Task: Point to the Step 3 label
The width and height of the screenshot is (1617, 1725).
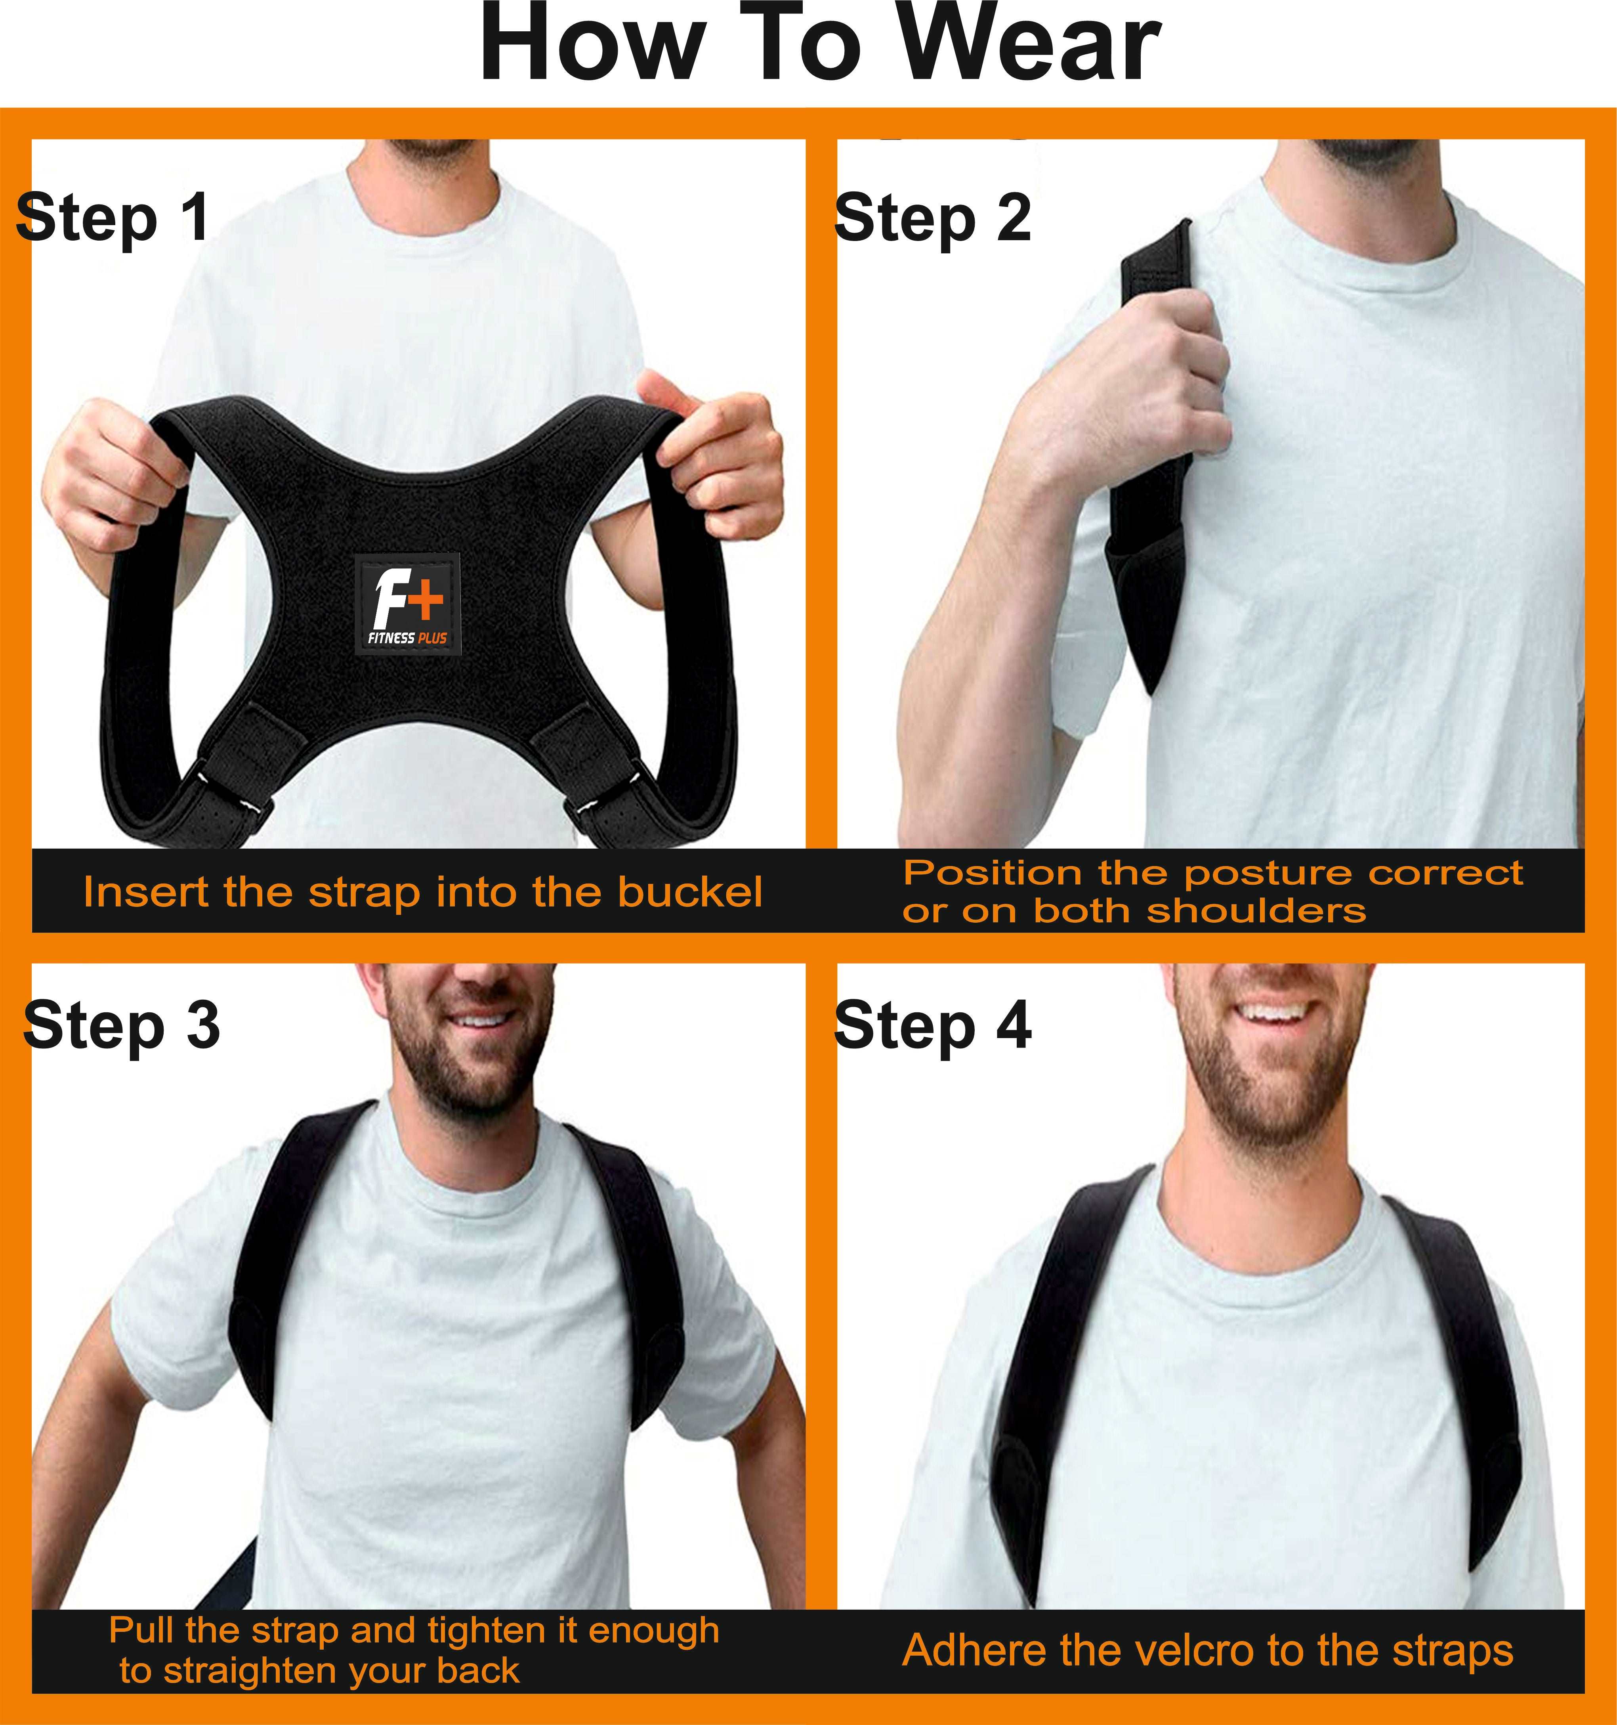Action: tap(122, 1026)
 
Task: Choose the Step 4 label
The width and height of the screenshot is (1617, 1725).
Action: tap(933, 1026)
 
